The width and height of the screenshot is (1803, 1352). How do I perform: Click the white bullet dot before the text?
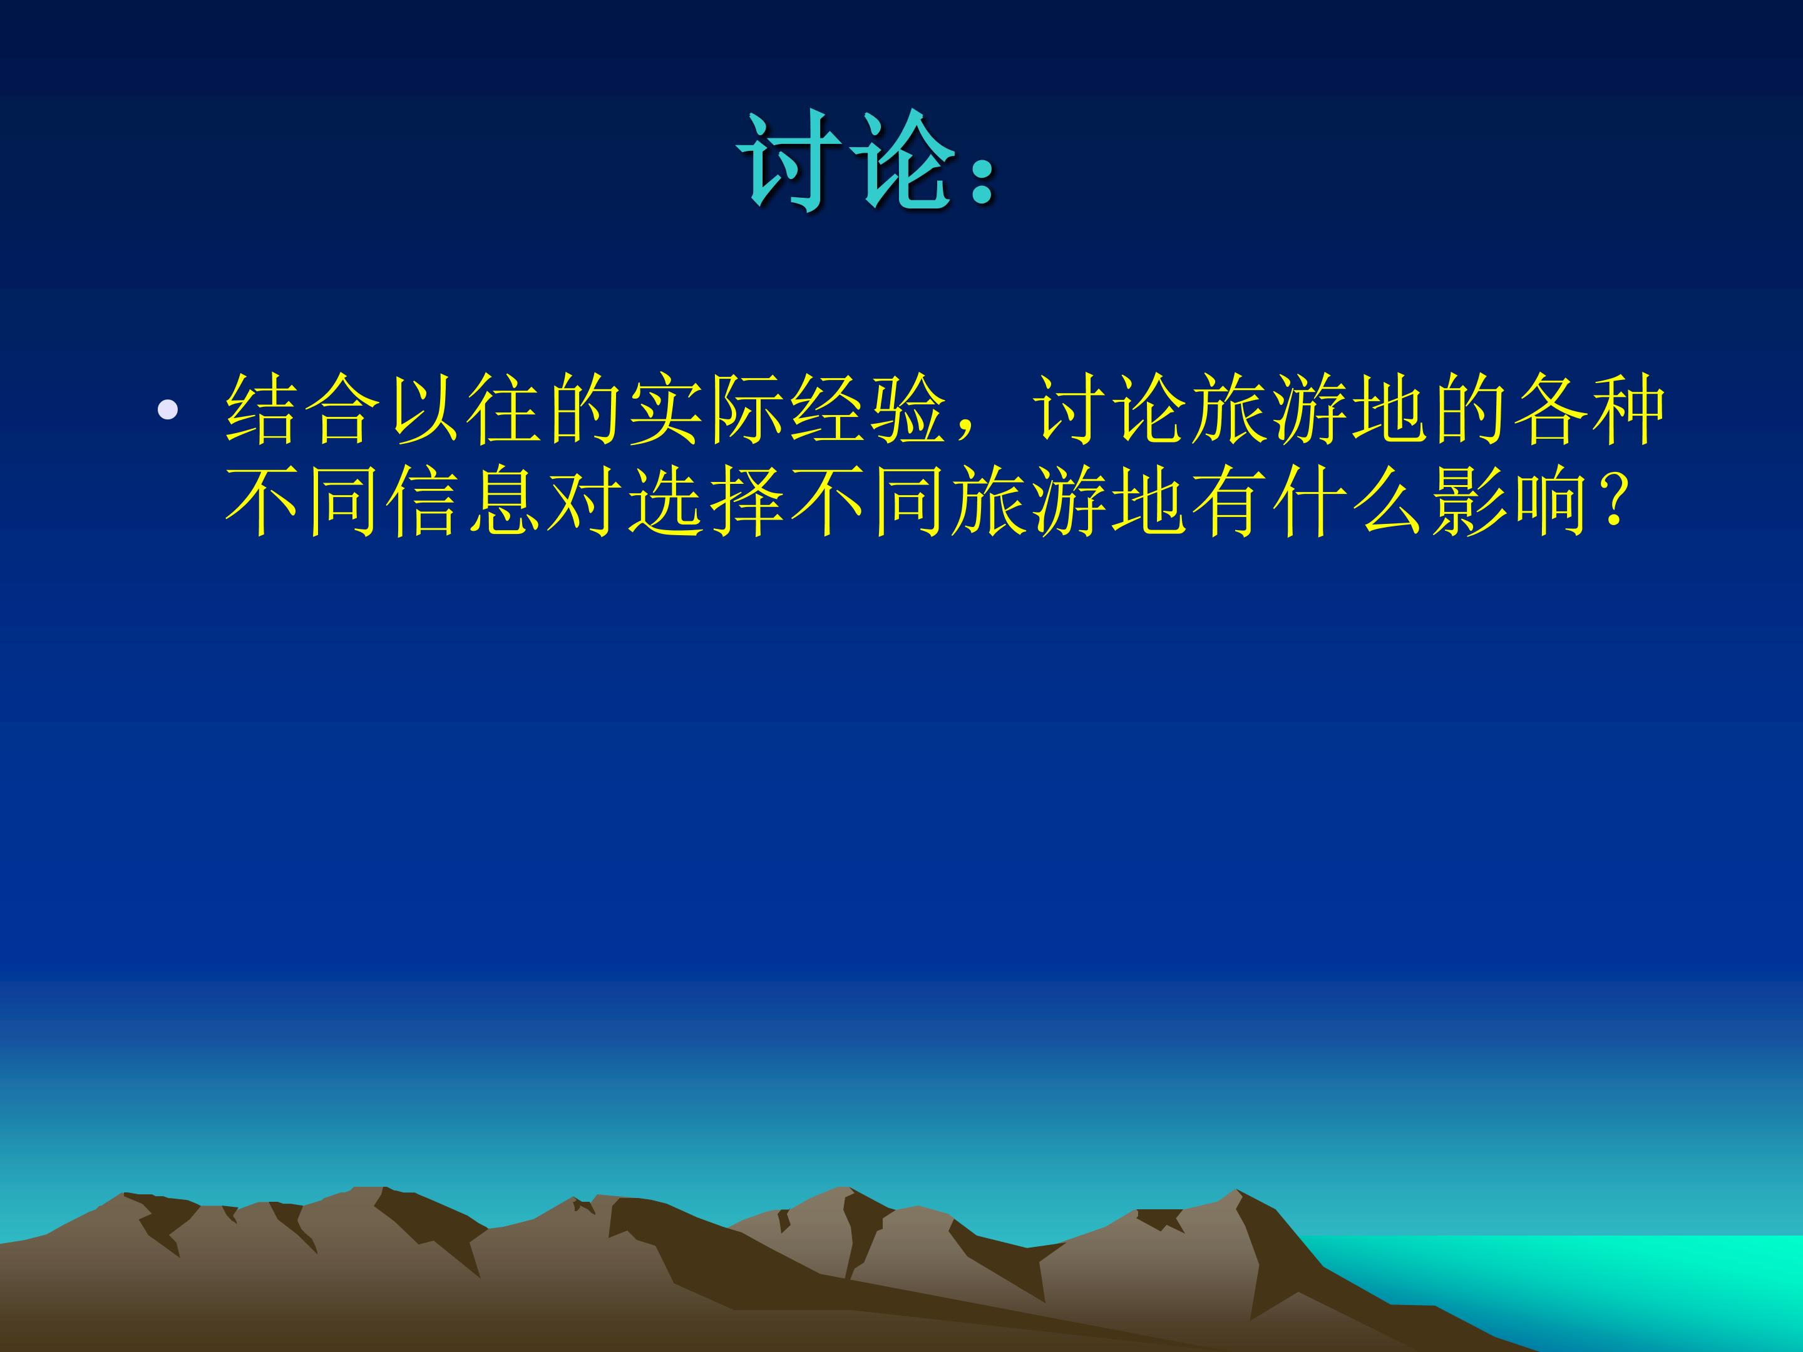coord(168,410)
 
